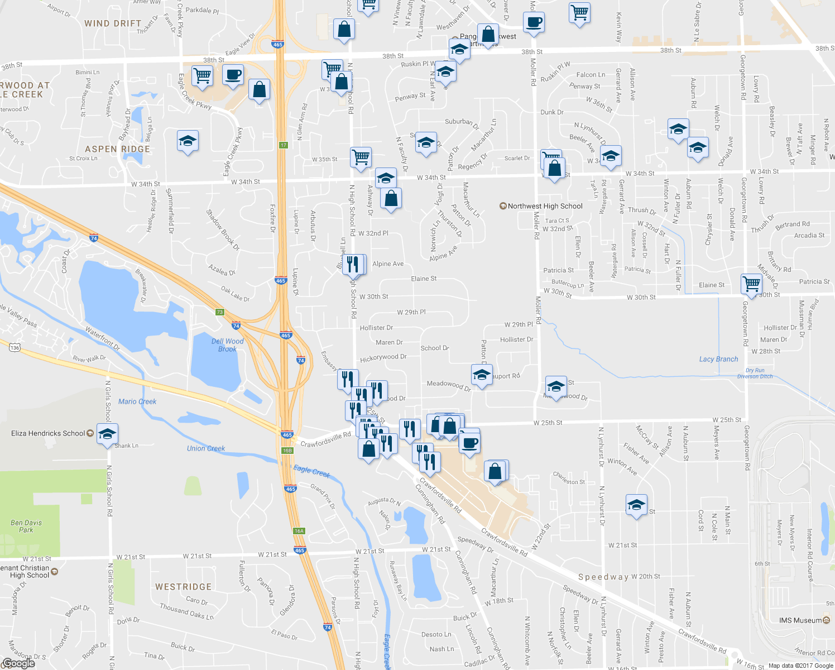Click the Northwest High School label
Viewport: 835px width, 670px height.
(x=545, y=206)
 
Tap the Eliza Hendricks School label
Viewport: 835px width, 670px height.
(x=49, y=433)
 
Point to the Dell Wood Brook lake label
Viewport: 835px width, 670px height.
(x=227, y=345)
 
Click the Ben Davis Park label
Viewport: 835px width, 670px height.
(x=26, y=526)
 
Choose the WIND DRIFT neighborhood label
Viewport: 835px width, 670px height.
(x=113, y=23)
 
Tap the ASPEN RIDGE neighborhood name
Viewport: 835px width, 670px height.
(x=117, y=149)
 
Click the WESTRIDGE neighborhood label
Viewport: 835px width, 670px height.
(x=183, y=587)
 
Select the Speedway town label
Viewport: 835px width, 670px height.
(x=603, y=577)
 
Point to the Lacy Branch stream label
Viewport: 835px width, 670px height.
(x=718, y=359)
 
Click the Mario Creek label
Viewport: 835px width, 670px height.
(x=137, y=401)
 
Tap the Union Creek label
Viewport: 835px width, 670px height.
(x=206, y=448)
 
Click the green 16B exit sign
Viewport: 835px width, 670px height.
(x=287, y=451)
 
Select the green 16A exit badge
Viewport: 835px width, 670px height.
(x=299, y=531)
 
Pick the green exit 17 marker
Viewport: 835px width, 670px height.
(x=283, y=145)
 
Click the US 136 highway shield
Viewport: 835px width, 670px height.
(x=15, y=348)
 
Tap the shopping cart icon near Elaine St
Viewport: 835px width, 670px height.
(x=751, y=283)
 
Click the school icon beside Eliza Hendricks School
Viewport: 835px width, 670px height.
(x=107, y=434)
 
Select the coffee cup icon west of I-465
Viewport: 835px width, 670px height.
(x=233, y=74)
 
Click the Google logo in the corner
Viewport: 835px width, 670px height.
(x=18, y=663)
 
